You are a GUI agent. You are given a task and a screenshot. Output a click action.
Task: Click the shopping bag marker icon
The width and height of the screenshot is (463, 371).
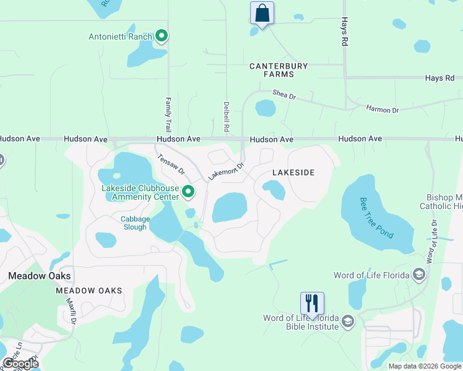[x=262, y=13]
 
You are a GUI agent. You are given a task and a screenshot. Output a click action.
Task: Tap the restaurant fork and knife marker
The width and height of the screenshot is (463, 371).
[x=312, y=304]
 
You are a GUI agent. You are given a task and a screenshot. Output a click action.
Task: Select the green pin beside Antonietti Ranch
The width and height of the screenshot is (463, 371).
[x=162, y=36]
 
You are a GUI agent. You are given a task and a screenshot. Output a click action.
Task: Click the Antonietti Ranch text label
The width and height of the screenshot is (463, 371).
[x=120, y=36]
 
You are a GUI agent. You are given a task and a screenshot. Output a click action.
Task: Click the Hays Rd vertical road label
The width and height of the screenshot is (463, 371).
[x=344, y=32]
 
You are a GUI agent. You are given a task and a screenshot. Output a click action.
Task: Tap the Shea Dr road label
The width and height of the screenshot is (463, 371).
[x=285, y=94]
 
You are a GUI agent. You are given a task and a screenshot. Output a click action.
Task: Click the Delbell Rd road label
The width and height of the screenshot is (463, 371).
[x=227, y=116]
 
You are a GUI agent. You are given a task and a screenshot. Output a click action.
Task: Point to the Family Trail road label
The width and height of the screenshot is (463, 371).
[x=168, y=113]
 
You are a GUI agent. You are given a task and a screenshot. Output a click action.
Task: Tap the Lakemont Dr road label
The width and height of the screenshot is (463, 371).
[x=226, y=171]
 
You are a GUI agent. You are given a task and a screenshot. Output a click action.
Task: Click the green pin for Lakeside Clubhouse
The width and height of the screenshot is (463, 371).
[x=189, y=193]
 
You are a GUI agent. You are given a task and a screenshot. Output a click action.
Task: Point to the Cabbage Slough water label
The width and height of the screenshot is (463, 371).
[x=134, y=223]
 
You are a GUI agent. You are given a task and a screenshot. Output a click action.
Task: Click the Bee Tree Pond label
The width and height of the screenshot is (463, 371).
[x=376, y=218]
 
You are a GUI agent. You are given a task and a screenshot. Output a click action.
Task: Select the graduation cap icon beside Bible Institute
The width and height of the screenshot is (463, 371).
[x=348, y=320]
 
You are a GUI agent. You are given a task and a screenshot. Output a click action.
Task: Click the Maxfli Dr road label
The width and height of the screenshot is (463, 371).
[x=71, y=312]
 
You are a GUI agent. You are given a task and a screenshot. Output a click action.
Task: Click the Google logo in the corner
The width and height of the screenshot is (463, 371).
[x=21, y=364]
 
